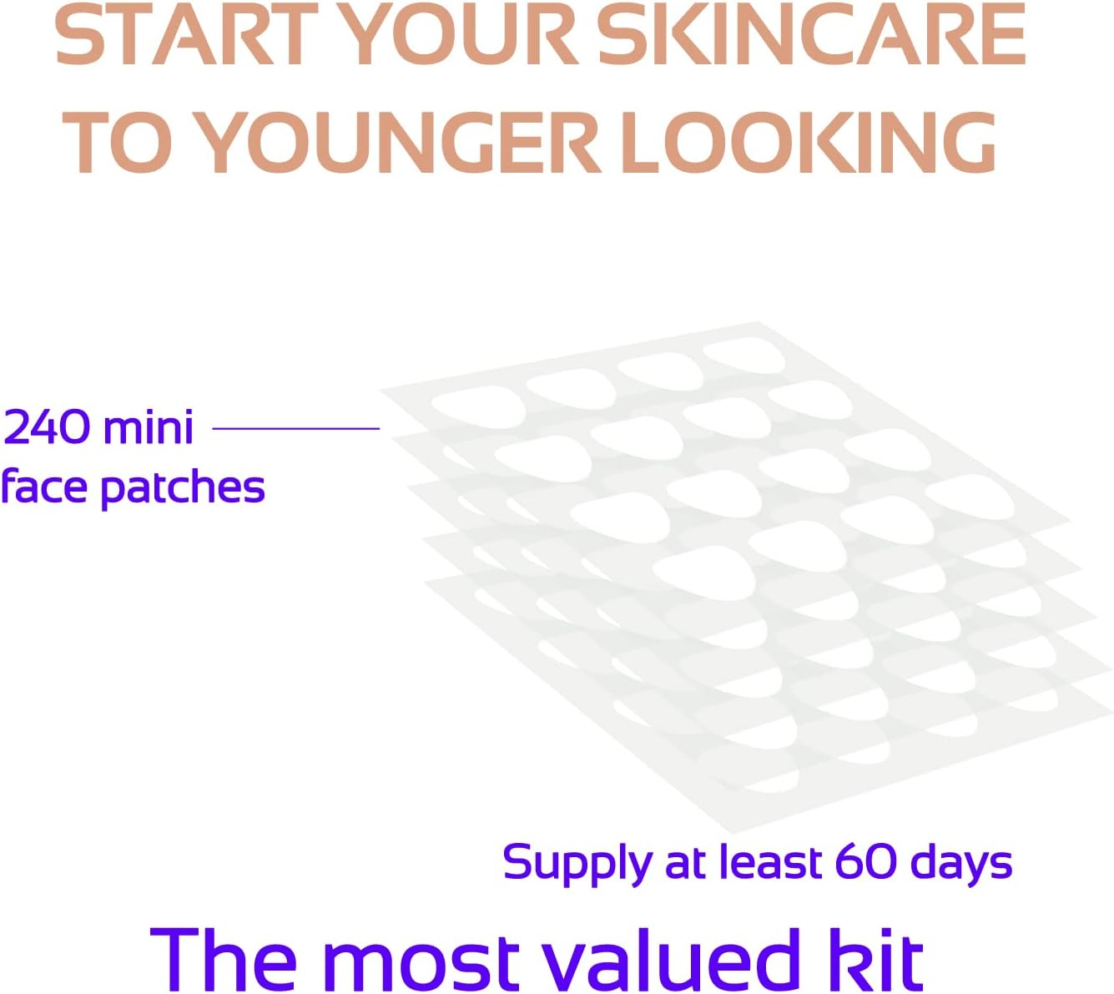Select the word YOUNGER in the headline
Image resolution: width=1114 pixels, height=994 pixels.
pyautogui.click(x=401, y=144)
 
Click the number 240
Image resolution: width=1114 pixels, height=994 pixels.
pyautogui.click(x=47, y=427)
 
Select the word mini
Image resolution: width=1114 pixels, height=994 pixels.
pyautogui.click(x=148, y=427)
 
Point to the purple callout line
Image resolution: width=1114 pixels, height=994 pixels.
pyautogui.click(x=296, y=428)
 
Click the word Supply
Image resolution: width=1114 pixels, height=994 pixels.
pyautogui.click(x=577, y=864)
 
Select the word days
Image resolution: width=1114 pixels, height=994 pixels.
pyautogui.click(x=961, y=864)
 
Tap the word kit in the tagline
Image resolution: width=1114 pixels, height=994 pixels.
pyautogui.click(x=875, y=961)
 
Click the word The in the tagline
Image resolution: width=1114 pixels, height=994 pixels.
pyautogui.click(x=224, y=961)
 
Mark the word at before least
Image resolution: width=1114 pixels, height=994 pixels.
pyautogui.click(x=686, y=863)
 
